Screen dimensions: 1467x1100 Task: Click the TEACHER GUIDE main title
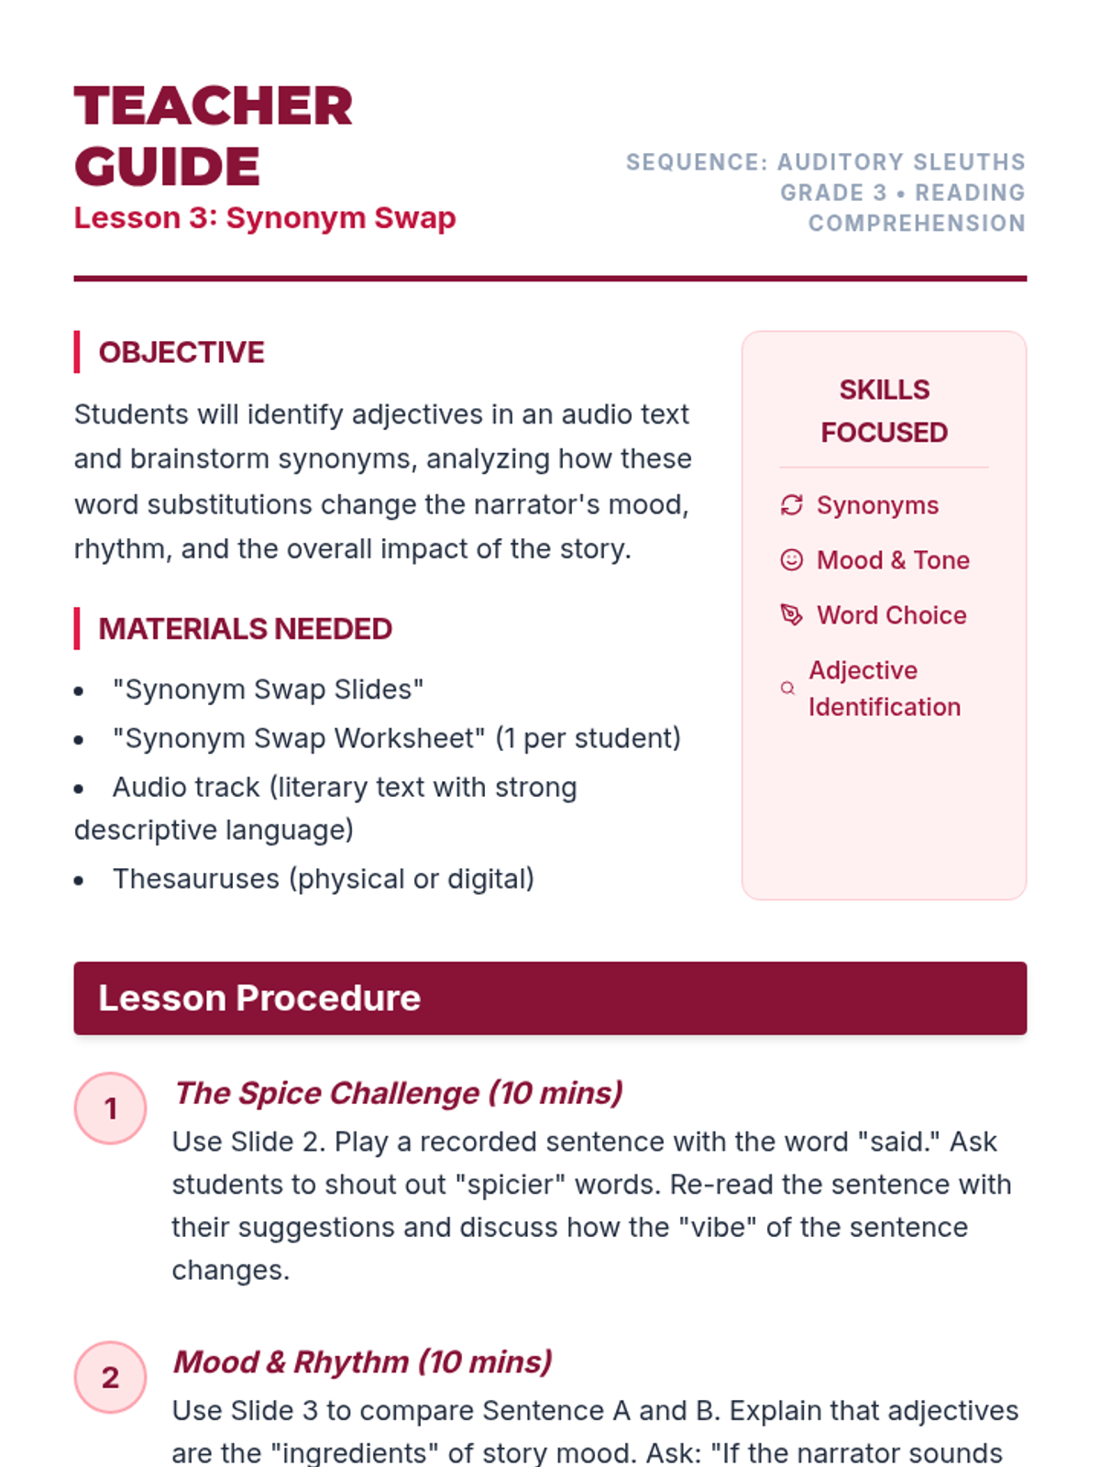click(213, 136)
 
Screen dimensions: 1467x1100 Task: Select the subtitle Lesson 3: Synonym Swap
click(264, 218)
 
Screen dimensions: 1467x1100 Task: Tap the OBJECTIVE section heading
click(181, 352)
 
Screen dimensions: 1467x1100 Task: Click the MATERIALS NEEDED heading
click(245, 629)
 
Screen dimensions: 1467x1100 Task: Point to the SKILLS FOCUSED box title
click(884, 411)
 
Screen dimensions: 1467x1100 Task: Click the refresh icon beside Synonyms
click(791, 505)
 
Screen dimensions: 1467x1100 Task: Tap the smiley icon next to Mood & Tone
click(791, 560)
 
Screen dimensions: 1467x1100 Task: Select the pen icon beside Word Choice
click(791, 615)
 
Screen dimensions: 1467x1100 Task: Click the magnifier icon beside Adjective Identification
click(787, 689)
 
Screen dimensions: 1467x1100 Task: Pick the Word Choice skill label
click(891, 615)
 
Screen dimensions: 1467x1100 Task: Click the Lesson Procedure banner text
click(259, 998)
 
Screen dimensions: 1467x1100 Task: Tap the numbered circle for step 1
click(110, 1109)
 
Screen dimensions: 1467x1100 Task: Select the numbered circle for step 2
click(110, 1377)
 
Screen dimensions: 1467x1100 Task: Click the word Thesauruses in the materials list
click(196, 879)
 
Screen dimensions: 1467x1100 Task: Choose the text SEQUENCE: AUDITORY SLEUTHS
click(825, 162)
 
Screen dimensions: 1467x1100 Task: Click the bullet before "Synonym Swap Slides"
click(80, 691)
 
